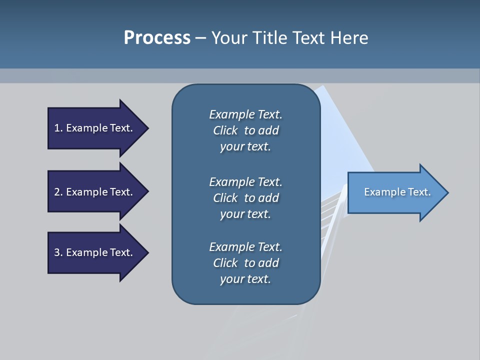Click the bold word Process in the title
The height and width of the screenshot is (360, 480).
(x=157, y=38)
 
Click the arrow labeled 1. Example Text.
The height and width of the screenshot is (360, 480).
(x=95, y=128)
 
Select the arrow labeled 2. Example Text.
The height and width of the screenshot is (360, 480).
(x=95, y=192)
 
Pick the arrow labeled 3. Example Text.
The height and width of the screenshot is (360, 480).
(x=95, y=252)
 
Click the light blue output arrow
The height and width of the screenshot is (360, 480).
(x=395, y=192)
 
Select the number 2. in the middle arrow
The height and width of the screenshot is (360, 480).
(x=58, y=192)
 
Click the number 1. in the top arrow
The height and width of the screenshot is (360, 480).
(x=58, y=128)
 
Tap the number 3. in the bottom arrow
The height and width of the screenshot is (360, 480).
(x=58, y=252)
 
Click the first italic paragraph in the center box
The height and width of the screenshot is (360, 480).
(x=245, y=130)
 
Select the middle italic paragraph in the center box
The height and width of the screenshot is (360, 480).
(x=245, y=198)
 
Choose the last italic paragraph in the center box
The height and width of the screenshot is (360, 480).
(x=245, y=263)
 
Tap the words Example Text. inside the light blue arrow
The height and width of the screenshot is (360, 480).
(x=397, y=192)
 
